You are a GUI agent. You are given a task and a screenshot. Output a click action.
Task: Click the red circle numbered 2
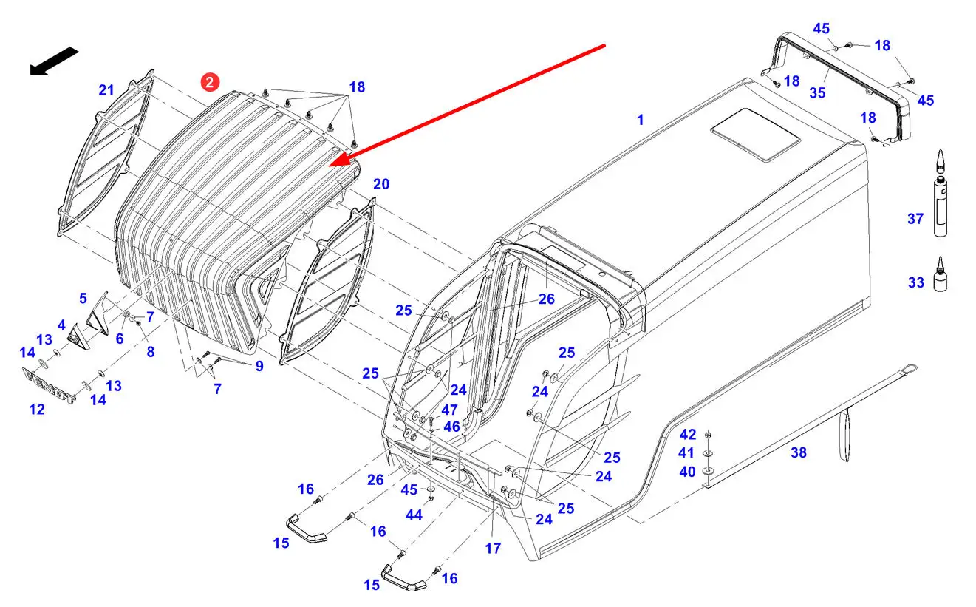point(211,83)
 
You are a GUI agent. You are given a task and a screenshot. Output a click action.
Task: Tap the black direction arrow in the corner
point(54,61)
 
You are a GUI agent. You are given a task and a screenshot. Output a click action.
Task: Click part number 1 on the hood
point(641,120)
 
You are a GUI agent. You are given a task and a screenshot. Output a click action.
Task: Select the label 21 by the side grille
point(106,90)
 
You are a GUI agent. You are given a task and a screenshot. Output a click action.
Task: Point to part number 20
point(380,184)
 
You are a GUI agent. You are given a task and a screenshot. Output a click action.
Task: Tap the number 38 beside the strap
point(799,453)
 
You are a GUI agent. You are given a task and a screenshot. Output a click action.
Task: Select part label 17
point(493,549)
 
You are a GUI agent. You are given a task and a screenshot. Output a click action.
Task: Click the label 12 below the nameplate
point(37,409)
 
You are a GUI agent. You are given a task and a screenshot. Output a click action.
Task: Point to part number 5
point(83,299)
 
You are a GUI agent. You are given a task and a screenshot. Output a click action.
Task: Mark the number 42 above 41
point(687,434)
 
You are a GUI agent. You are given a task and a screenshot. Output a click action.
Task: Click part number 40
point(687,472)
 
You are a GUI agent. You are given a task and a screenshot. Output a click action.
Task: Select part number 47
point(449,409)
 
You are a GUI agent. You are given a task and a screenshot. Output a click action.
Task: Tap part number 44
point(414,515)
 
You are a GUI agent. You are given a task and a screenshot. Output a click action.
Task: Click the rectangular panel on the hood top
point(755,134)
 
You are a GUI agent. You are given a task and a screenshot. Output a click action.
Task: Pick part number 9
point(259,365)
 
